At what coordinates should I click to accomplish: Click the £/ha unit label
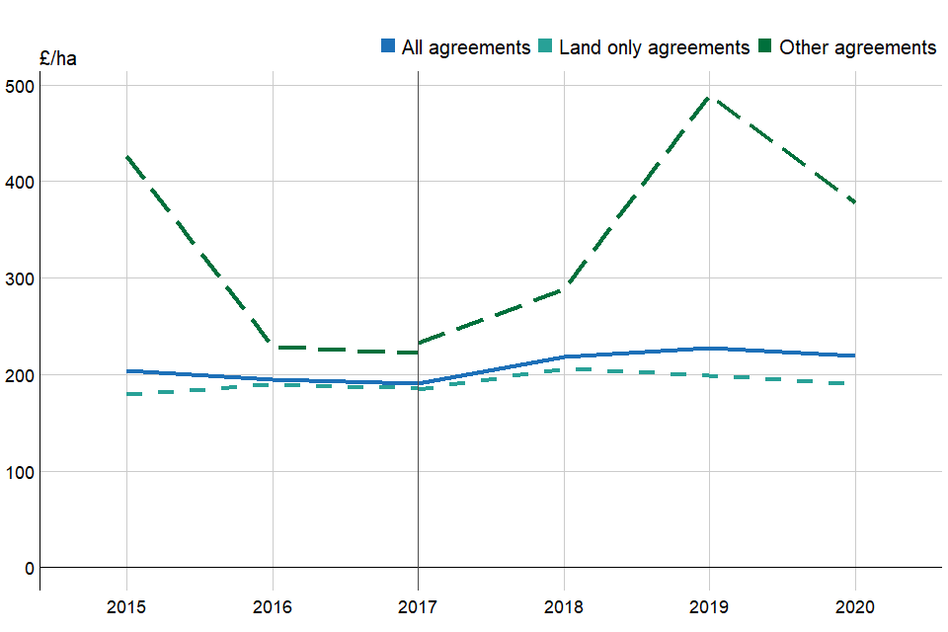pos(57,58)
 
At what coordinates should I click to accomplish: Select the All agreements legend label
pos(466,46)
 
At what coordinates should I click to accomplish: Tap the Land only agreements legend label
pos(654,46)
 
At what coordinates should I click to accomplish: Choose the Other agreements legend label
pos(857,46)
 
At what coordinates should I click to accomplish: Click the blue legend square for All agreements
pos(388,46)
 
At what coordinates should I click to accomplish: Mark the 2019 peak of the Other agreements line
pos(709,98)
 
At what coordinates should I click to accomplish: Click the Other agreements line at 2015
pos(126,156)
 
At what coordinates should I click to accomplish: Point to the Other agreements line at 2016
pos(272,348)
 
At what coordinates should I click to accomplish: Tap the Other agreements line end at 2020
pos(854,203)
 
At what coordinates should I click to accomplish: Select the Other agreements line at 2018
pos(563,288)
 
